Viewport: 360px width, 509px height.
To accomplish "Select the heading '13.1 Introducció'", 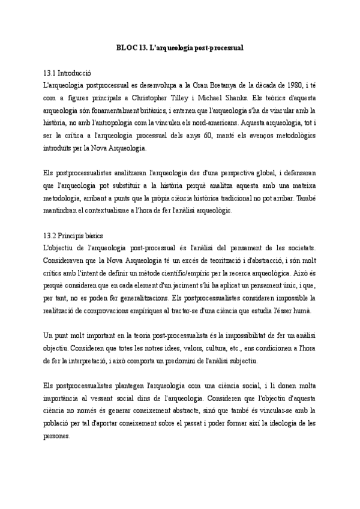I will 71,72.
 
